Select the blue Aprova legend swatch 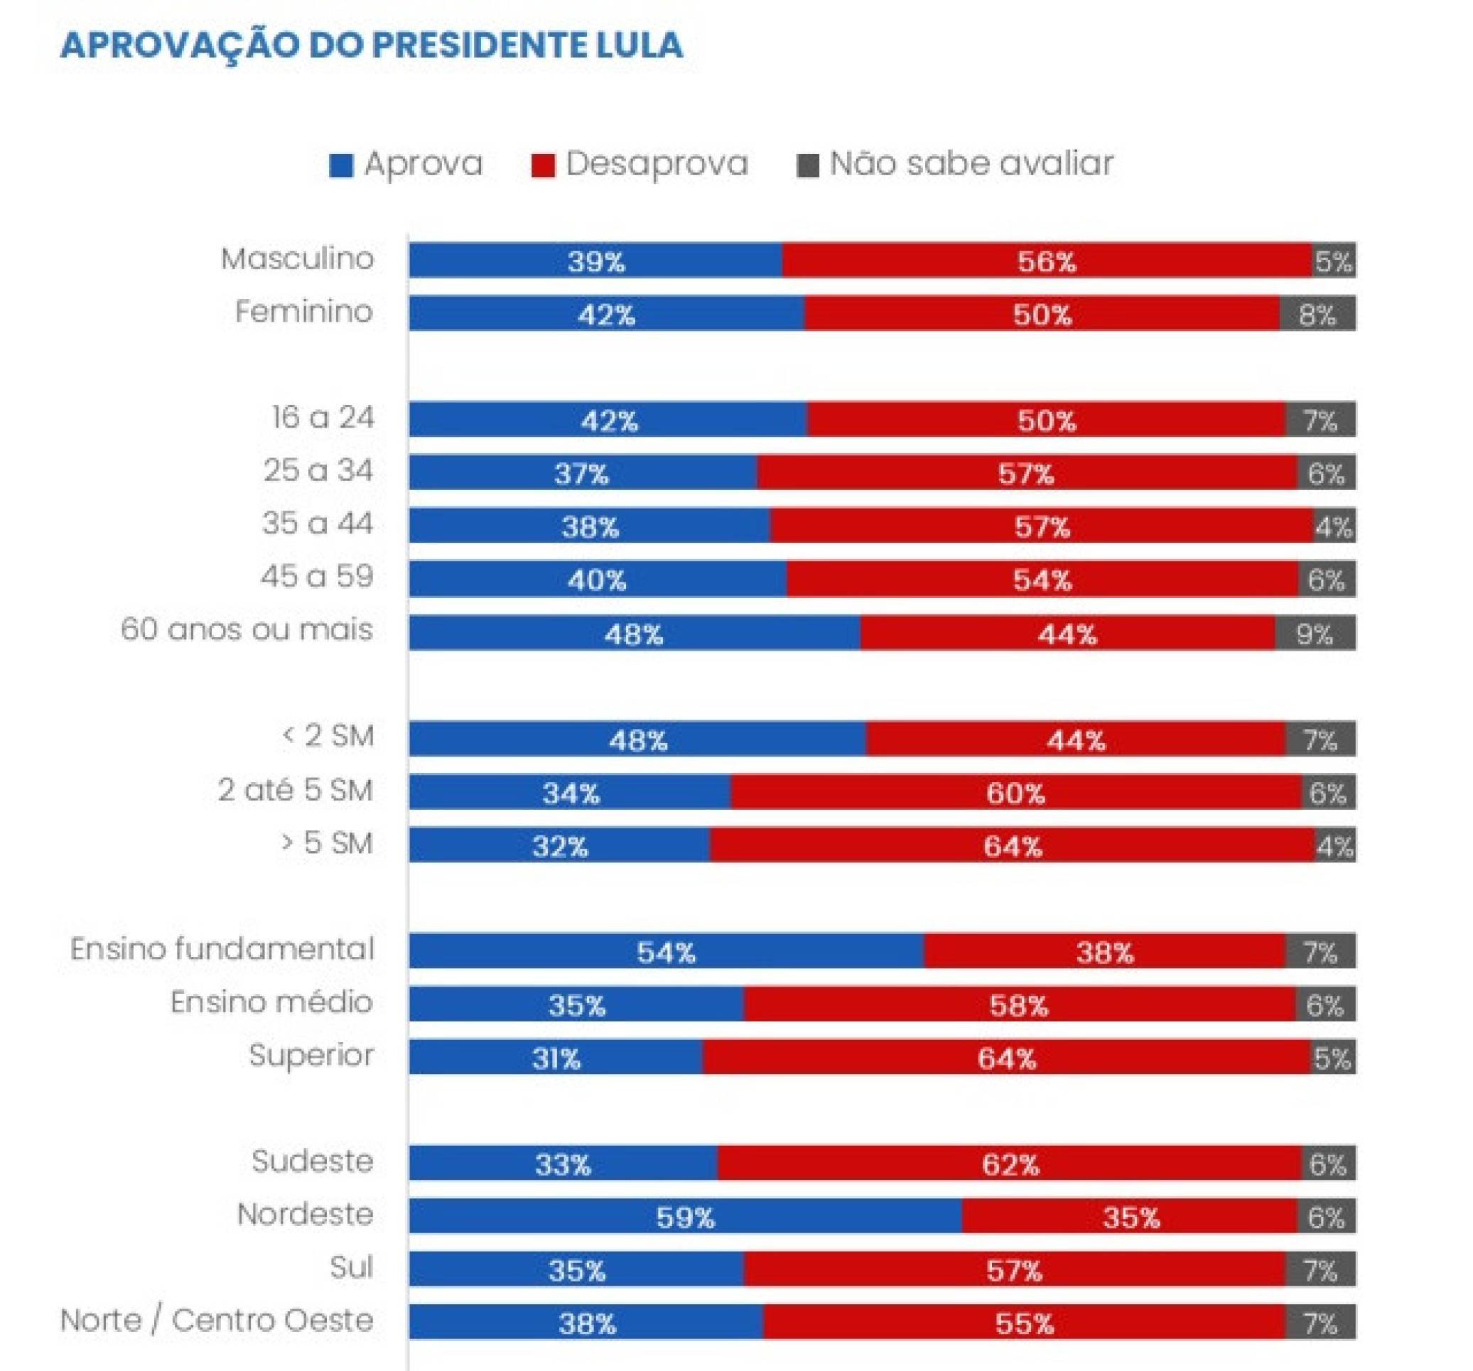pos(341,166)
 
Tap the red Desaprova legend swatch pos(543,166)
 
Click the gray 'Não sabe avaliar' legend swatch pos(807,166)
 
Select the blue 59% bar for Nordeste pos(686,1217)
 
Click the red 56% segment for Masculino pos(1046,261)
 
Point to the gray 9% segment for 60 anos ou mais pos(1315,633)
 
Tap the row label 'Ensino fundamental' pos(222,950)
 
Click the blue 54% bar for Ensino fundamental pos(666,951)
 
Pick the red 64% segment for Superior pos(1006,1058)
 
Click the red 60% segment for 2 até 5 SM pos(1015,793)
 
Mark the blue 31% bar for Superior pos(556,1058)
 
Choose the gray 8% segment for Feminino pos(1317,314)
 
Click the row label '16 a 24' pos(323,418)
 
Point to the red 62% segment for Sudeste pos(1010,1164)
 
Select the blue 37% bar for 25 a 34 pos(582,472)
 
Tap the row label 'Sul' pos(351,1268)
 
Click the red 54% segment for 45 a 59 pos(1042,579)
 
